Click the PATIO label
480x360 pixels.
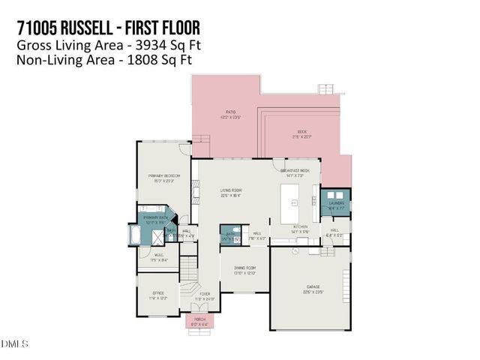(220, 112)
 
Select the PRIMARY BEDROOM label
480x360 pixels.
(163, 176)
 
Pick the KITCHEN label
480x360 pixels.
(301, 226)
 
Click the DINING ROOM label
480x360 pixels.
(244, 268)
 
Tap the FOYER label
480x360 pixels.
(204, 294)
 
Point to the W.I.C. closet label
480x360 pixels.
(160, 256)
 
